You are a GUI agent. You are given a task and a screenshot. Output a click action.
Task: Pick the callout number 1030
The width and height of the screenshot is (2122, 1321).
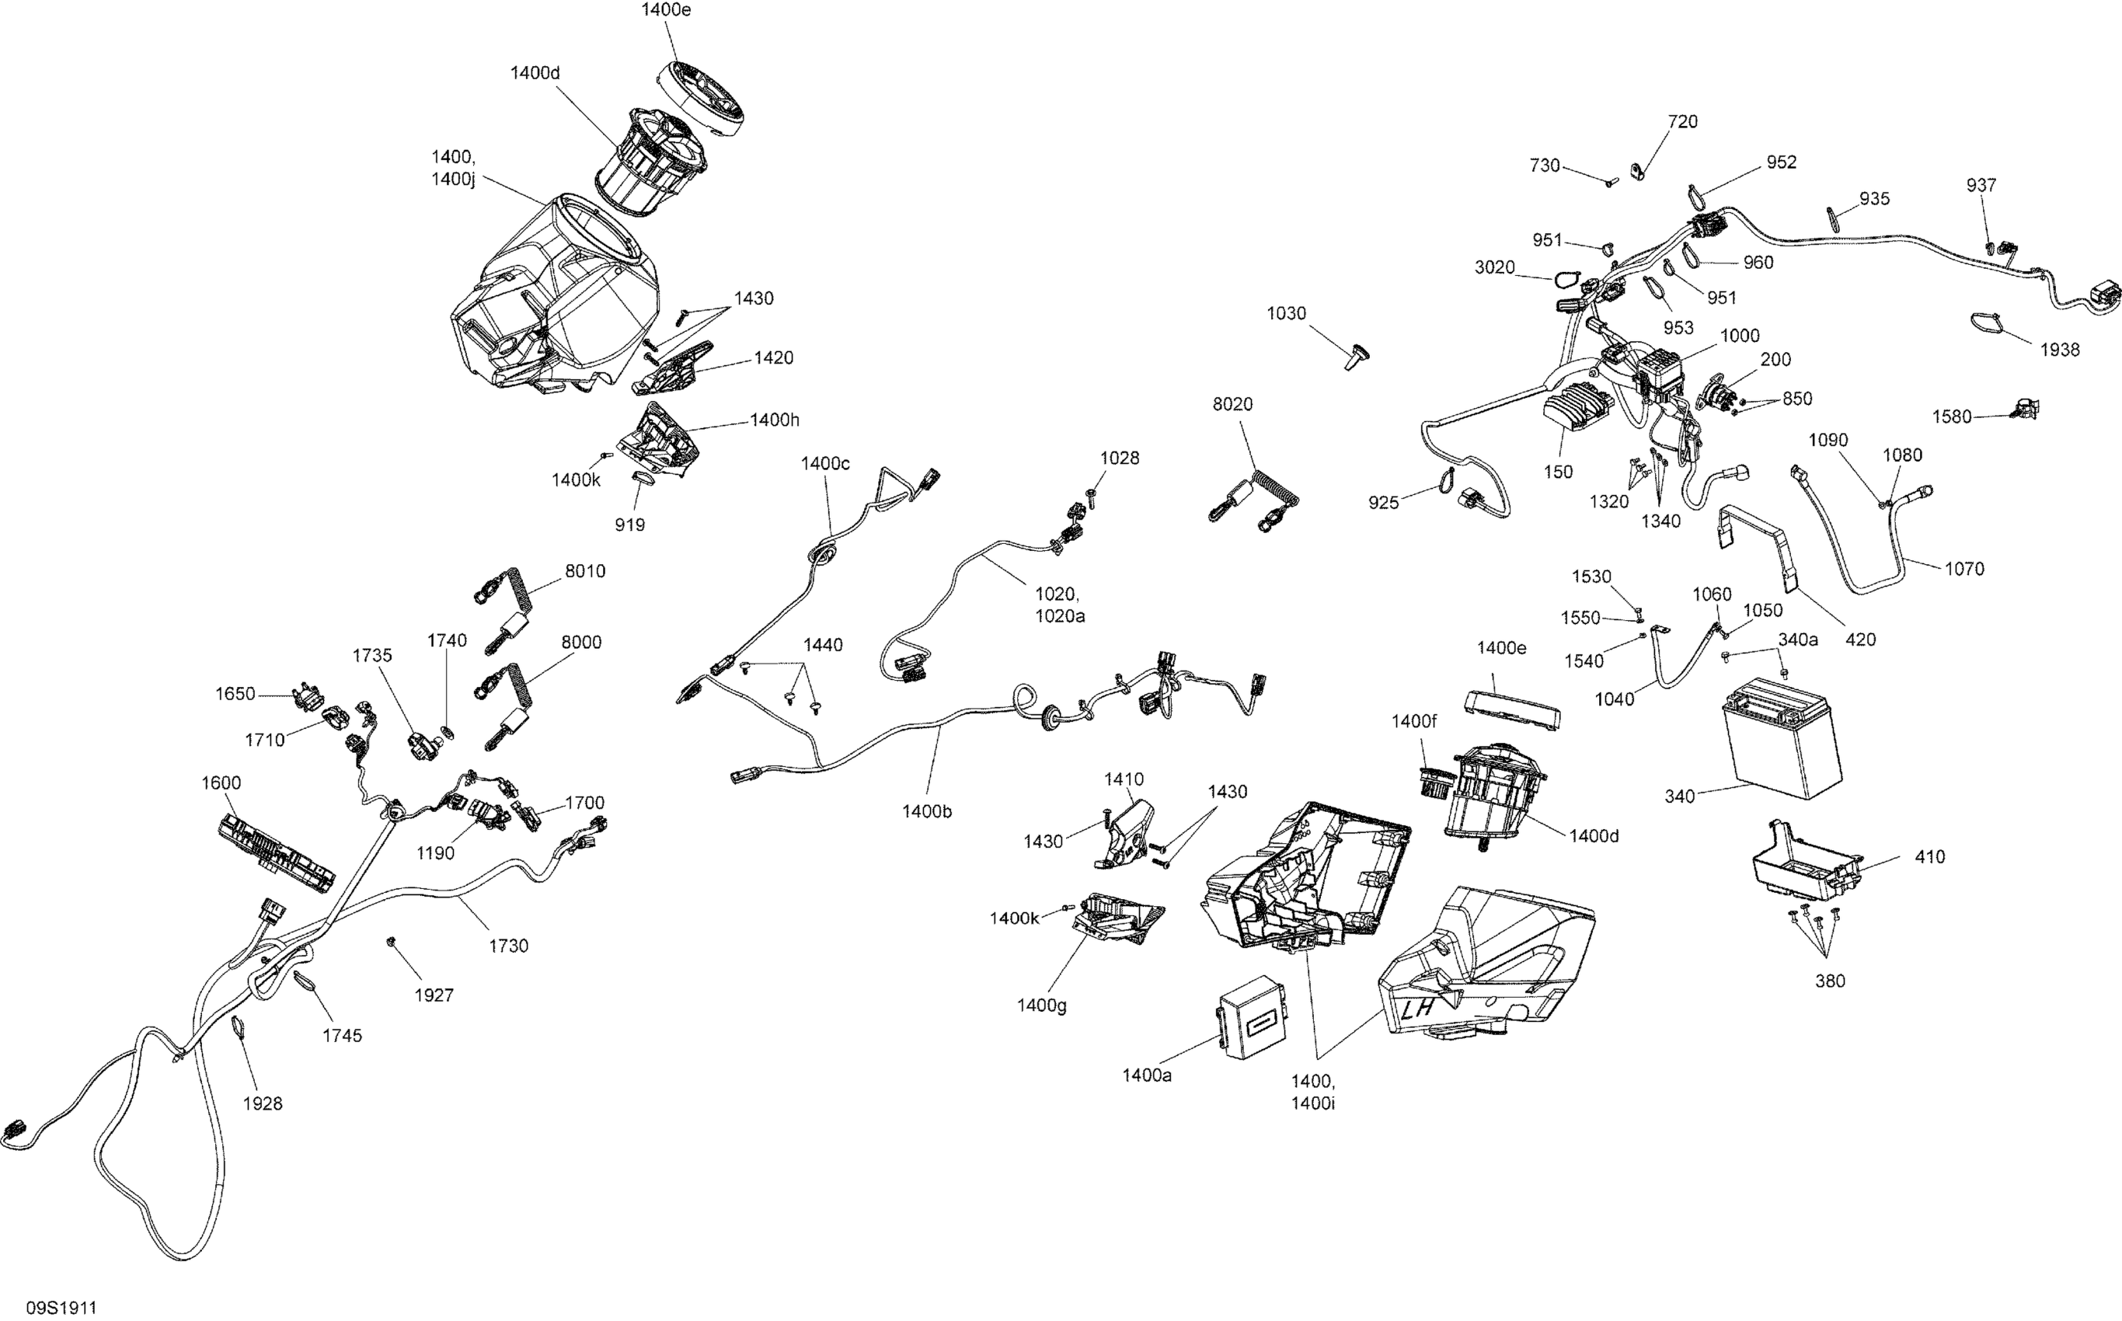click(x=1287, y=313)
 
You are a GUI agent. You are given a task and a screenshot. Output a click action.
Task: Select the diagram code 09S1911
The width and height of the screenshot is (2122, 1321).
click(x=61, y=1307)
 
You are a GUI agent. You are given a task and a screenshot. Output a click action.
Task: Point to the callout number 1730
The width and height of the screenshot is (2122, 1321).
click(x=508, y=946)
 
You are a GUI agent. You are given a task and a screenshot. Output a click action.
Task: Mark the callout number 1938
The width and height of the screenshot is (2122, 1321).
click(x=2059, y=350)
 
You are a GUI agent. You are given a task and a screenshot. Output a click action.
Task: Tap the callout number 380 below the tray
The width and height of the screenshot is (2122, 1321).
click(x=1829, y=981)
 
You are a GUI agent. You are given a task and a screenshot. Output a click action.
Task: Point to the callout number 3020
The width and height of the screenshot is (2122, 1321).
click(x=1495, y=267)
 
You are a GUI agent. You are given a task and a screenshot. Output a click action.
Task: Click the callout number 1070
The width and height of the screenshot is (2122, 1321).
click(x=1965, y=569)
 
